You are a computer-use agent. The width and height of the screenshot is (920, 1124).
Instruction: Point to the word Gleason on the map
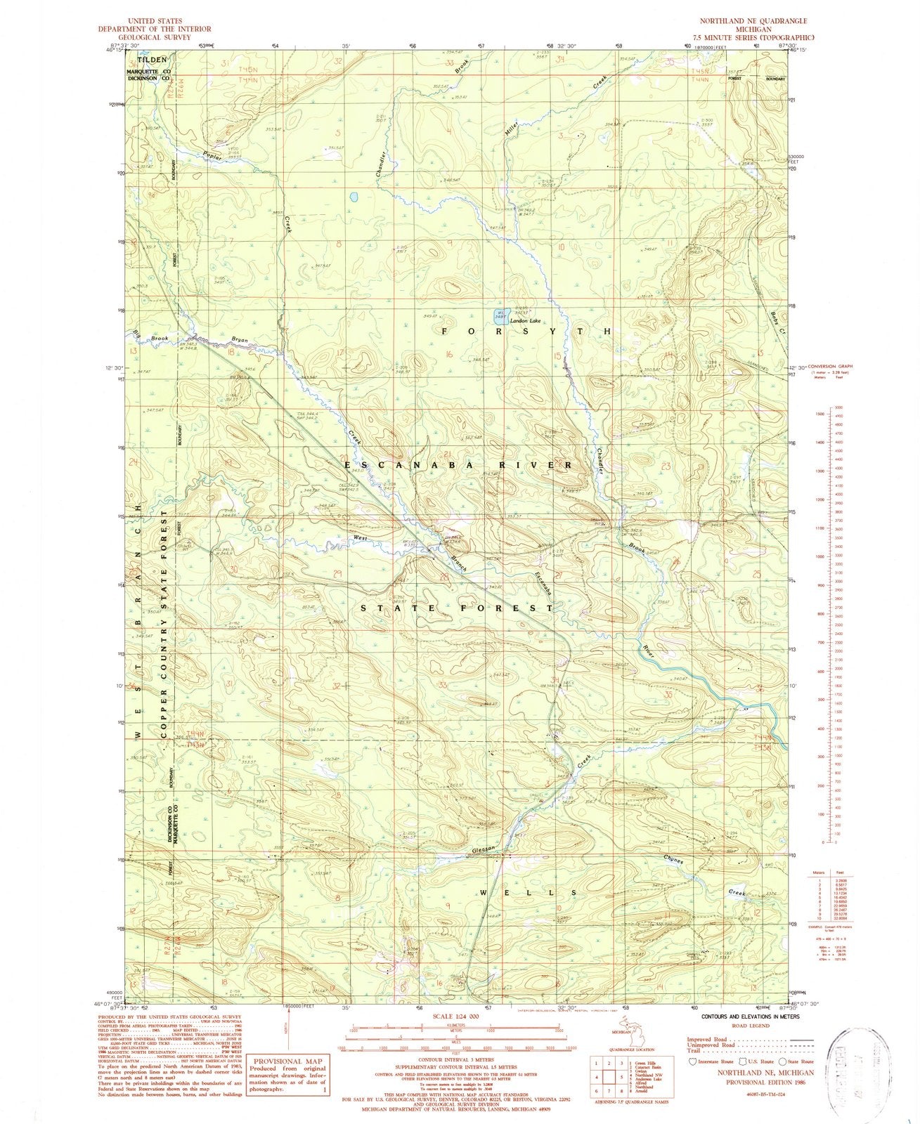[484, 848]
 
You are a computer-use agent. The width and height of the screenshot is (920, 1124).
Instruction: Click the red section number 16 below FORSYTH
[448, 355]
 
